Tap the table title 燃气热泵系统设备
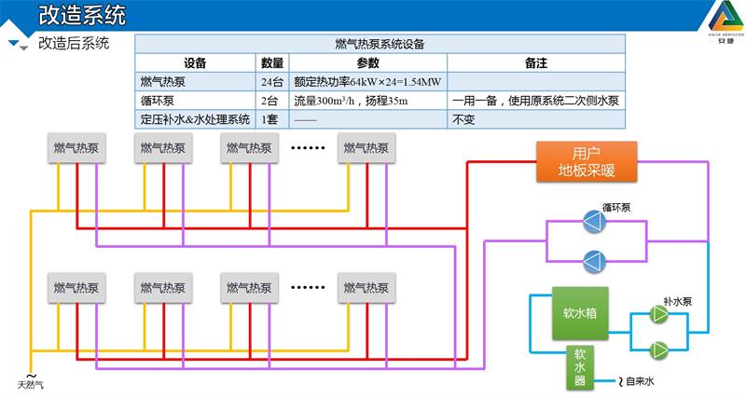click(380, 44)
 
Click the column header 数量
click(272, 62)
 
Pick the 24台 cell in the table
click(272, 81)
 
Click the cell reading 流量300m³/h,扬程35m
click(351, 100)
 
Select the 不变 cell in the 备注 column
click(463, 118)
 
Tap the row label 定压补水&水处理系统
click(195, 118)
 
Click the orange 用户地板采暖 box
click(587, 161)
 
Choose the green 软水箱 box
click(580, 313)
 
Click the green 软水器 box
click(579, 367)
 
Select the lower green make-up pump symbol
click(659, 350)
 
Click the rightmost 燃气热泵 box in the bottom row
click(366, 287)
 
